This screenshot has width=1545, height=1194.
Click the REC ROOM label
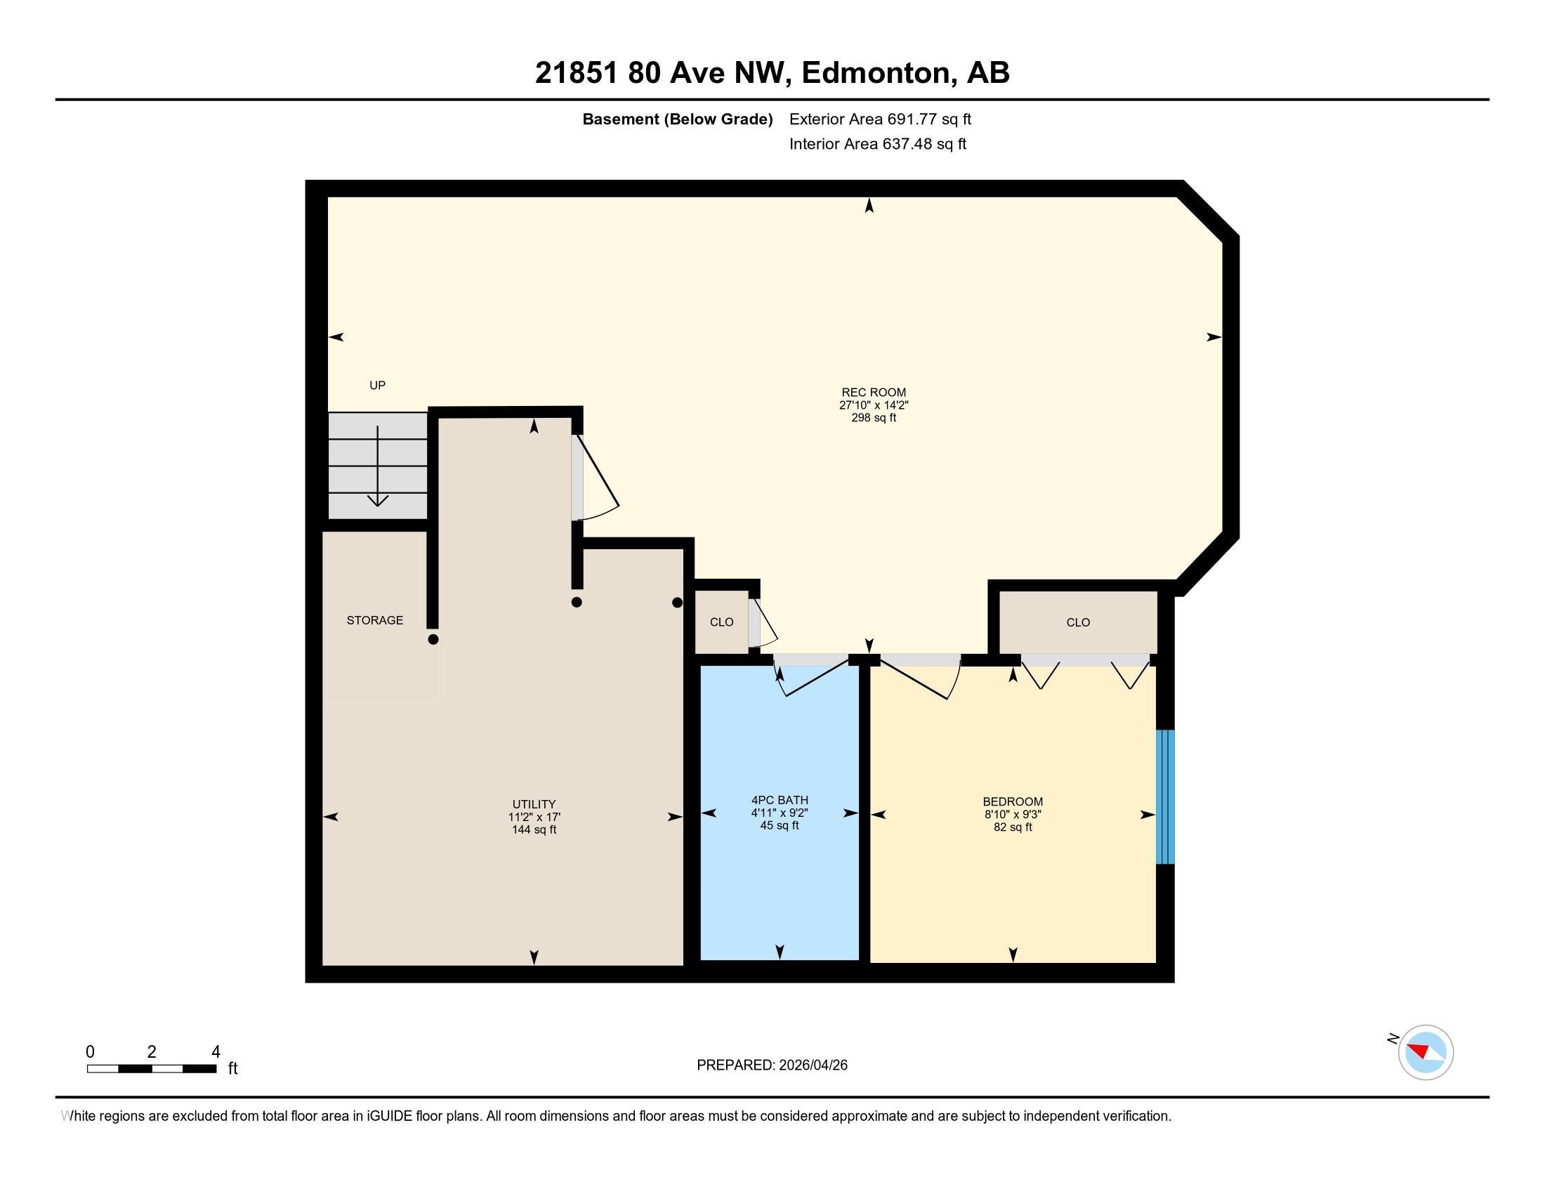point(873,392)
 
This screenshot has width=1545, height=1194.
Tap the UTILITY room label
point(534,804)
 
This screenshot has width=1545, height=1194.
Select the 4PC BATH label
point(780,800)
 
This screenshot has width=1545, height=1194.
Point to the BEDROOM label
point(1012,801)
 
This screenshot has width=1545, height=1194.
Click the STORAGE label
point(374,620)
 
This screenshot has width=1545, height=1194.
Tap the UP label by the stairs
point(377,386)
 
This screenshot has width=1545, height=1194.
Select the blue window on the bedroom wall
point(1164,796)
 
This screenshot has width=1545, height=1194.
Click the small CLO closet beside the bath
point(721,622)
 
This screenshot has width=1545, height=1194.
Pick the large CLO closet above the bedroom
point(1077,622)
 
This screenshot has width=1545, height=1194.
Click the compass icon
point(1426,1052)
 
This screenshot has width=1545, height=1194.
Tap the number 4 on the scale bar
point(216,1052)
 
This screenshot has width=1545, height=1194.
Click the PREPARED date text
point(772,1065)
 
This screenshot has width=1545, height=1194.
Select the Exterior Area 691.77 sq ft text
point(880,119)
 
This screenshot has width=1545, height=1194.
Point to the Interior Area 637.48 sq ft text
point(877,144)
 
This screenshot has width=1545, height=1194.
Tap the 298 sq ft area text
point(873,418)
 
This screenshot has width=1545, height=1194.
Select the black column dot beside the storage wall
point(433,639)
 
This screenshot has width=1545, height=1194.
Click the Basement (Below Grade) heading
point(677,119)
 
